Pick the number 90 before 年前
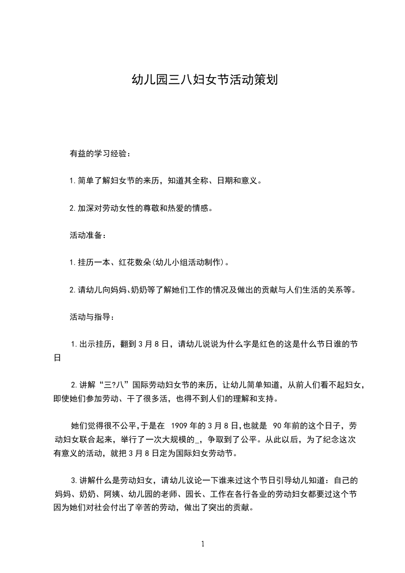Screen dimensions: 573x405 click(x=279, y=426)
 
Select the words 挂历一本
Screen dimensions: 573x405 click(x=95, y=263)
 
